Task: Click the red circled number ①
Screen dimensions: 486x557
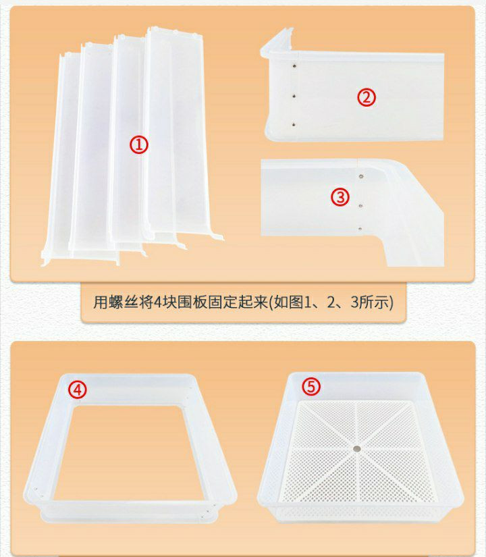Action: pos(138,145)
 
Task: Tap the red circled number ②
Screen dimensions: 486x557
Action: pos(367,97)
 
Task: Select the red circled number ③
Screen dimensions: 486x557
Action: pos(340,196)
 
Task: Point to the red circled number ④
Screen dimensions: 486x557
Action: pos(78,390)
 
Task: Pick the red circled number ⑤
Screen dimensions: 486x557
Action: pos(311,386)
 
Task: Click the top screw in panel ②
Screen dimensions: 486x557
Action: pos(294,65)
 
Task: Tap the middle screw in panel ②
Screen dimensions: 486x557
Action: pos(294,96)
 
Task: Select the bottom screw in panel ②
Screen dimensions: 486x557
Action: pos(294,125)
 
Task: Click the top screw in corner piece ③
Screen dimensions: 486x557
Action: pos(361,176)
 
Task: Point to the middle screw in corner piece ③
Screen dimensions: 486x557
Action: pos(360,206)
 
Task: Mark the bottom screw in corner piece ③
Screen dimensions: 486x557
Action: pos(360,230)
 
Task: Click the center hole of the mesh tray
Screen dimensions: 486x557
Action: pos(356,449)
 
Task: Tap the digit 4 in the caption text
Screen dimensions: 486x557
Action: pos(158,302)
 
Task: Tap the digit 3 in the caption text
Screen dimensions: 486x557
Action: pos(354,302)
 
